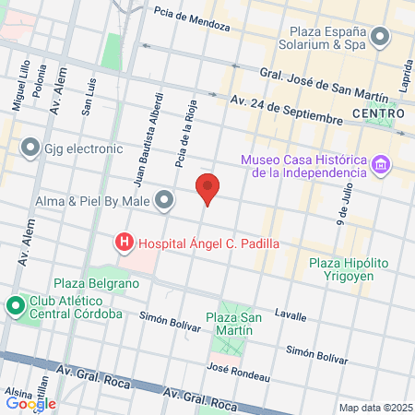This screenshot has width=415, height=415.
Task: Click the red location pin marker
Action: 208,188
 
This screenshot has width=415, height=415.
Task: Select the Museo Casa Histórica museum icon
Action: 380,166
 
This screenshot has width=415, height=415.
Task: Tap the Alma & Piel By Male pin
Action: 165,199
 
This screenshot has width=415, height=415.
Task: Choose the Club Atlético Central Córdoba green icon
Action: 16,306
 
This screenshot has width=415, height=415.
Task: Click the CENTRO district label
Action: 378,113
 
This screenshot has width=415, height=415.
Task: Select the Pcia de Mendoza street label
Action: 192,18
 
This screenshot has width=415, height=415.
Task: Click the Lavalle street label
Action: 290,315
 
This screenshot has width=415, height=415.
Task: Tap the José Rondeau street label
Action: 238,372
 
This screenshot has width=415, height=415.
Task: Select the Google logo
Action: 30,403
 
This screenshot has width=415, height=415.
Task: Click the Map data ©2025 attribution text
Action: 374,408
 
